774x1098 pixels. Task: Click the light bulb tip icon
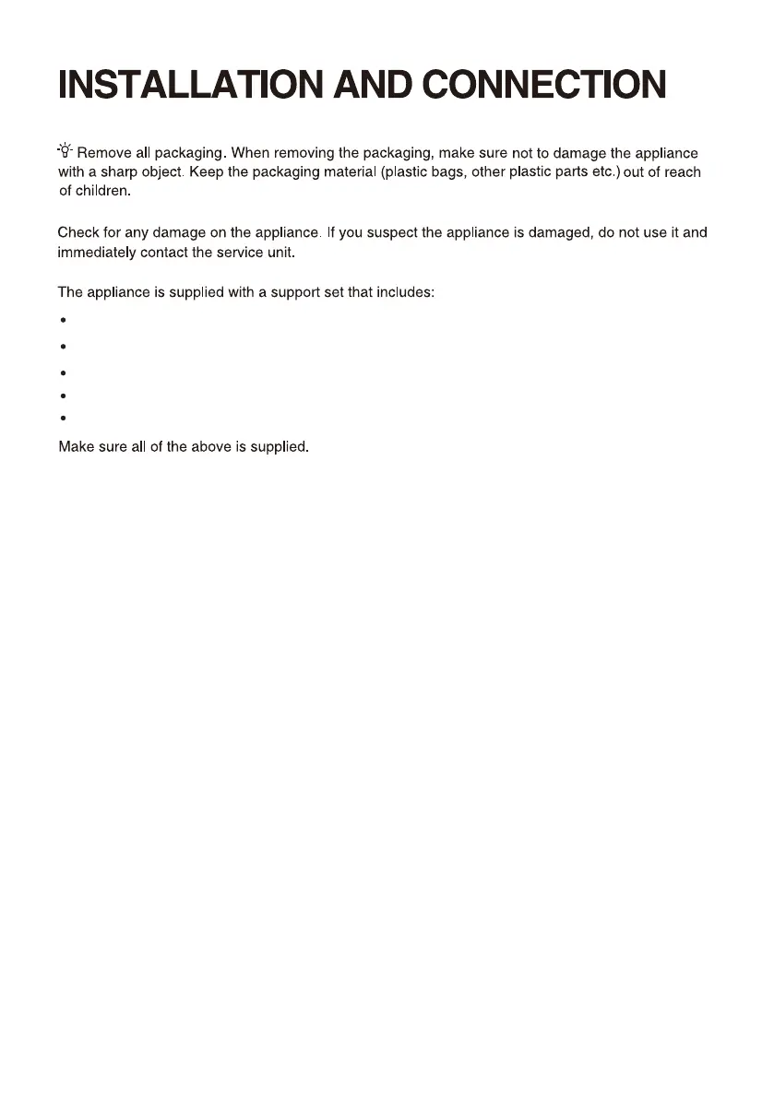(65, 150)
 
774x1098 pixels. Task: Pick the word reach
(683, 172)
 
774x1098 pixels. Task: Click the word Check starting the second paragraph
(79, 232)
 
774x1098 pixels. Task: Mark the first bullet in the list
(62, 321)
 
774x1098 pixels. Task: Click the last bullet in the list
(62, 419)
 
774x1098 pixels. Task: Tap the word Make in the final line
(76, 448)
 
